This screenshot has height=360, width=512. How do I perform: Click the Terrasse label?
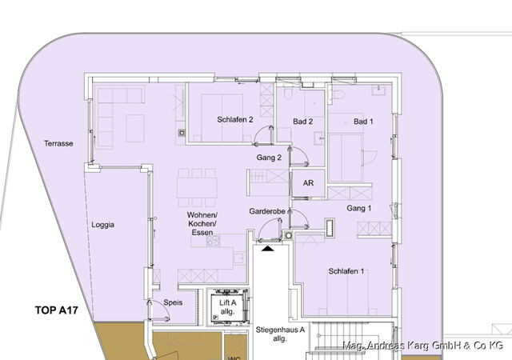point(59,144)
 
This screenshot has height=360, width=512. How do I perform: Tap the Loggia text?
point(102,225)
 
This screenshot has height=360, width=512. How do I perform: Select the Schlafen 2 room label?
point(235,120)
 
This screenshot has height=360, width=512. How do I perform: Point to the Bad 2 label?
point(302,122)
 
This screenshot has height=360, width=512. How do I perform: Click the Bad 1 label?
point(364,122)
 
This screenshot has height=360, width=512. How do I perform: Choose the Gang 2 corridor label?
point(270,158)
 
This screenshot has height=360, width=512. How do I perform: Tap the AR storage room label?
point(308,182)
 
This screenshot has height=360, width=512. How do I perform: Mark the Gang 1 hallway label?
point(359,208)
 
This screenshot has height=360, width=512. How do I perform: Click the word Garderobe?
point(267,212)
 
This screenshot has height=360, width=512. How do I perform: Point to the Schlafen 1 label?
point(346,271)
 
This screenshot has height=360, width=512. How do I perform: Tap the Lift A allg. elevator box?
point(226,307)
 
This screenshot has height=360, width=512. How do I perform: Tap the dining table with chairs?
point(197,186)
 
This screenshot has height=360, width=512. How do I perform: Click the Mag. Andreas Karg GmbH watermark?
point(422,345)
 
